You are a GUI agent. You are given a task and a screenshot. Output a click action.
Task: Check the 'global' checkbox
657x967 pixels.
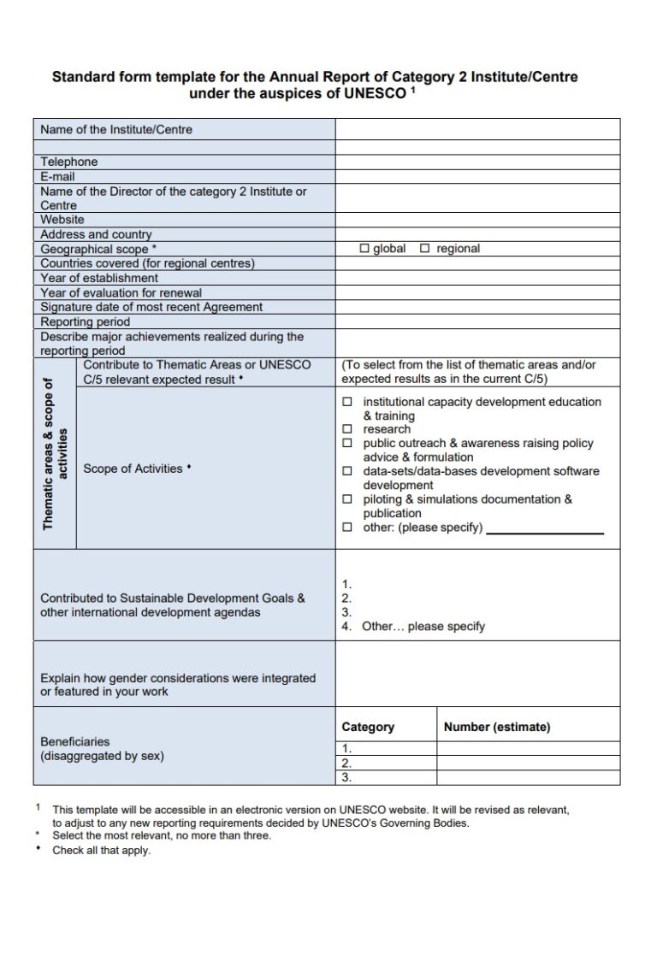pos(364,249)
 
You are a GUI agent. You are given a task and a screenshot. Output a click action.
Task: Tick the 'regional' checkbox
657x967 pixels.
pos(424,249)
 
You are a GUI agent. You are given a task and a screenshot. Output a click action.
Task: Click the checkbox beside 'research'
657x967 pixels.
pos(346,429)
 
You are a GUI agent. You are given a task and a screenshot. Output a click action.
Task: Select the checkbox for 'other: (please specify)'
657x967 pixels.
pos(346,528)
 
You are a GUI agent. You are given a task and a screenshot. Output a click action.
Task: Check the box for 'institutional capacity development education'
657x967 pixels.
pos(346,402)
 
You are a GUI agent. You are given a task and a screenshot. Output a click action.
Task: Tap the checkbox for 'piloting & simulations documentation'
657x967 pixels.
pos(346,499)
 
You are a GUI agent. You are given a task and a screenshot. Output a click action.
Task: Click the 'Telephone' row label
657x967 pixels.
pos(69,162)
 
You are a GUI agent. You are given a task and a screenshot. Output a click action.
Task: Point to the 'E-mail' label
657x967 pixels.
pos(58,177)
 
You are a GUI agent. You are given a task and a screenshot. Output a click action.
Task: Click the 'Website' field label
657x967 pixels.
pos(62,220)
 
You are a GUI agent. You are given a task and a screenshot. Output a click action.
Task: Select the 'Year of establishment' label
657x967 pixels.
pos(99,278)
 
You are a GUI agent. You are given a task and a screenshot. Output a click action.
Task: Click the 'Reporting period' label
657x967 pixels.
pos(86,321)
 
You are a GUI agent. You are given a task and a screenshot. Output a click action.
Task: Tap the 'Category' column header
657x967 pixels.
pos(368,727)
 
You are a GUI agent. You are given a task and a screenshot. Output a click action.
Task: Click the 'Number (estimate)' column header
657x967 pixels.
pos(497,727)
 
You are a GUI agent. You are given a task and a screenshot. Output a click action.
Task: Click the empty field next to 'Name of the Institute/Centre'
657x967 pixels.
pos(477,130)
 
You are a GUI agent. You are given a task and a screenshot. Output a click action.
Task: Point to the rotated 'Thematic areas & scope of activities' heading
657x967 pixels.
pos(54,454)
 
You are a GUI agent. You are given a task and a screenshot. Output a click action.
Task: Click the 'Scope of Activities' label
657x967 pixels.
pos(133,469)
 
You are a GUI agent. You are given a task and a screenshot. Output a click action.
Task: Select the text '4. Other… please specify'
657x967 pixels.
pos(413,626)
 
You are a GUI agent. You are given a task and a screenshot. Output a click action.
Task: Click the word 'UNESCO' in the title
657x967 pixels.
pos(374,94)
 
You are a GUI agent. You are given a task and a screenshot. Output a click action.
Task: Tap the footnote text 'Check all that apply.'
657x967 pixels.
pos(101,851)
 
